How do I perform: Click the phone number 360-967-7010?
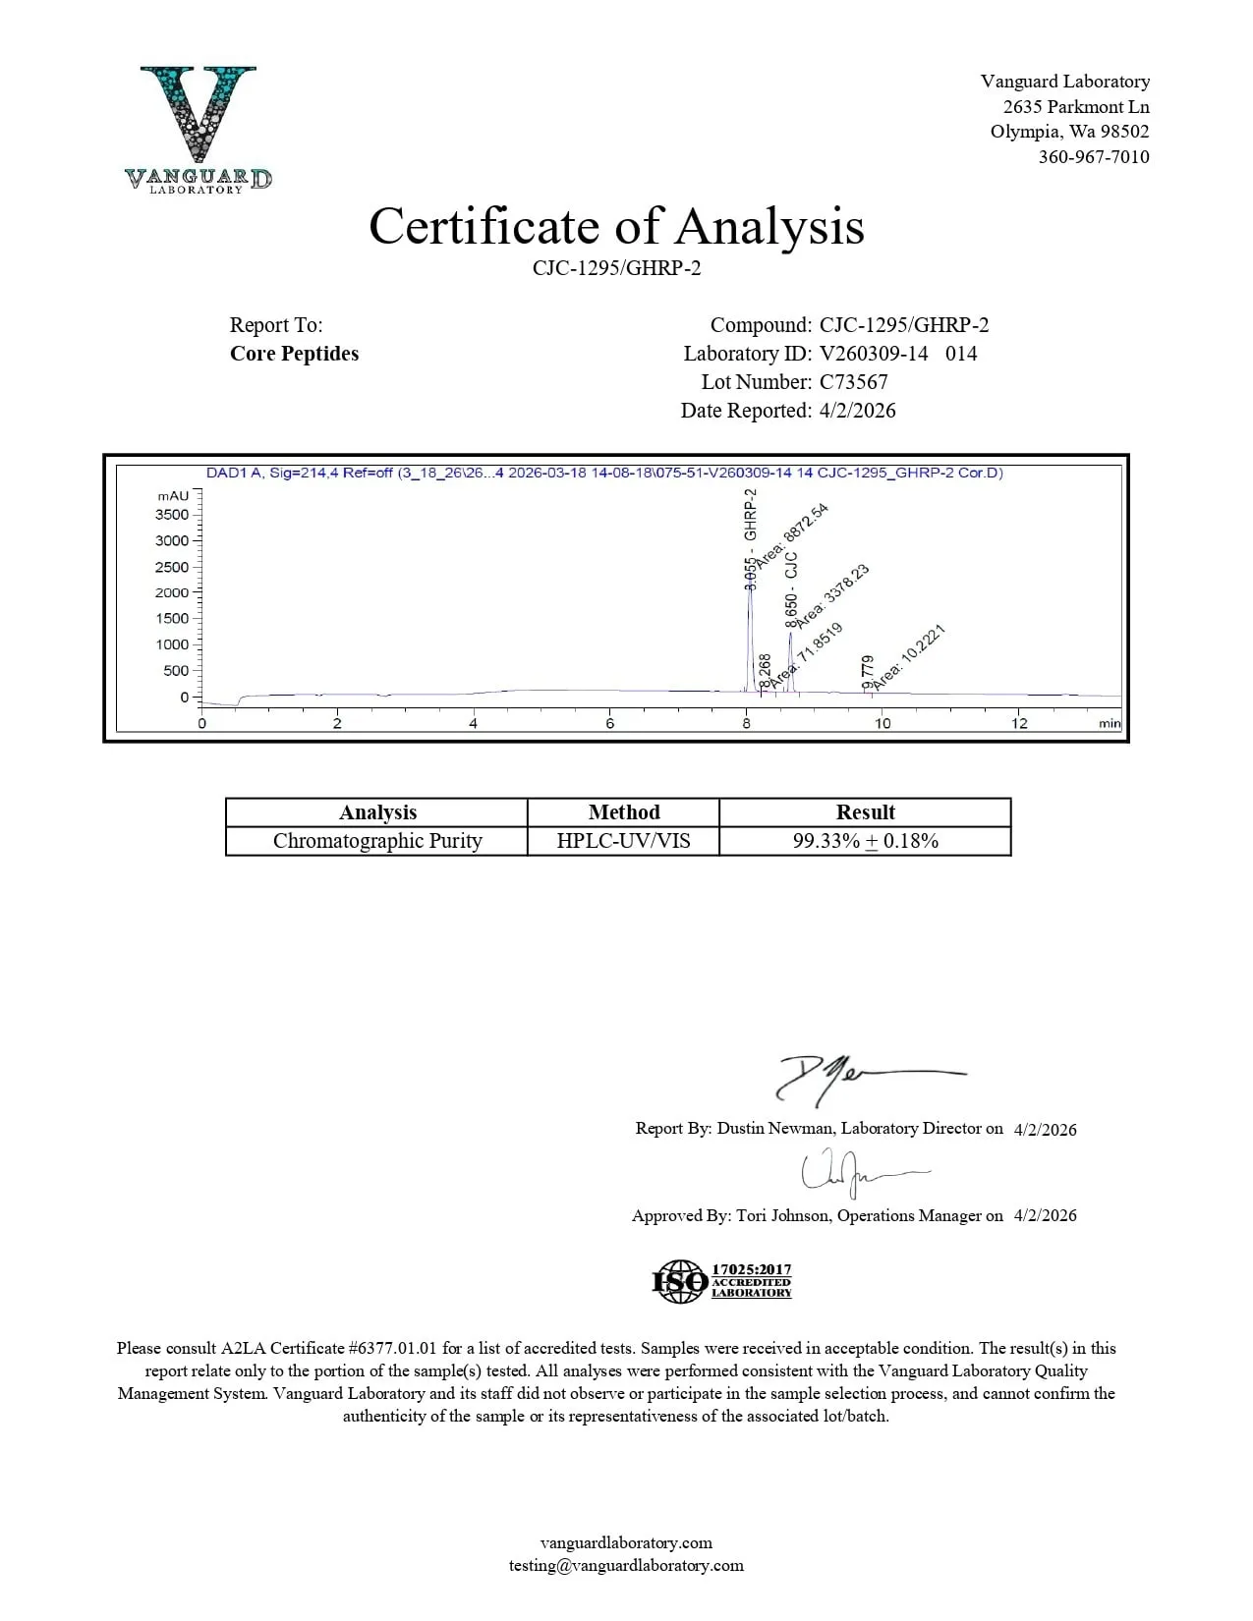1093,156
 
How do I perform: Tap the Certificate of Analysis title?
616,226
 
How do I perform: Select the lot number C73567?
853,382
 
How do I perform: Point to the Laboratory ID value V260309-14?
873,354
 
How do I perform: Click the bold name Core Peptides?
294,354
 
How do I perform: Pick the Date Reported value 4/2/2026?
857,411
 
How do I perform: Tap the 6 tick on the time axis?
609,723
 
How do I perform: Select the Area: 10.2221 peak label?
908,654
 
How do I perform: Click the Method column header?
623,812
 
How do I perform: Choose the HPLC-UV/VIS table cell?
623,841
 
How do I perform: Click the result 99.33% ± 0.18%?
865,841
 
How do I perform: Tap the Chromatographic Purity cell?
377,841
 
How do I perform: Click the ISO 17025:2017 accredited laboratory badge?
722,1281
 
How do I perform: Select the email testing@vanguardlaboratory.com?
626,1566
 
